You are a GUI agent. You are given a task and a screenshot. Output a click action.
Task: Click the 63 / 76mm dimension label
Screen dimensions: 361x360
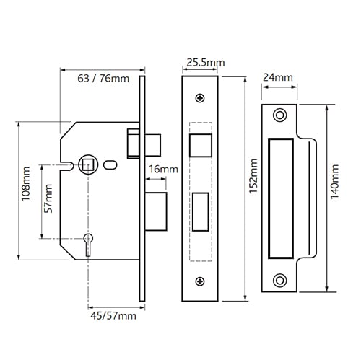click(x=103, y=79)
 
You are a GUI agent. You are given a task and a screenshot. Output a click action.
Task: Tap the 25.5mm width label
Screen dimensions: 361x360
click(x=206, y=63)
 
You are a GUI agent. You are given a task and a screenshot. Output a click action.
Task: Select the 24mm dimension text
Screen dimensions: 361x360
click(x=278, y=77)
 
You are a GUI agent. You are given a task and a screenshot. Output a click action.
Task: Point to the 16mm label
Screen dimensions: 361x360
click(x=163, y=170)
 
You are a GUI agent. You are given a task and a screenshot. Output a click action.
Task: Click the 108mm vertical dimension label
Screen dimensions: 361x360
click(x=26, y=184)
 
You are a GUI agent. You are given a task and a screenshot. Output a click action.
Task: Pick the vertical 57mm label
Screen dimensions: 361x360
click(x=48, y=198)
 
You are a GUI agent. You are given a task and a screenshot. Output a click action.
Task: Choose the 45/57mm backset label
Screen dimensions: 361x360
click(x=113, y=315)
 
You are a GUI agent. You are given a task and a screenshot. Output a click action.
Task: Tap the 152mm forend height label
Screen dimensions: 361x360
click(x=253, y=176)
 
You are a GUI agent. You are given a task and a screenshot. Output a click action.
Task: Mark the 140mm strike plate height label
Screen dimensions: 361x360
click(x=334, y=182)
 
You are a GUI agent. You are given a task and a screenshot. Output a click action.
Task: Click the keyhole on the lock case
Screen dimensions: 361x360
click(x=88, y=244)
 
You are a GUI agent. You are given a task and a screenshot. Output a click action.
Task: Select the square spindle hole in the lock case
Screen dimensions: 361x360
click(x=88, y=164)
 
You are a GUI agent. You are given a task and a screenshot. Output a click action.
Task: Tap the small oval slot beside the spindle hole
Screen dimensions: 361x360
click(x=110, y=165)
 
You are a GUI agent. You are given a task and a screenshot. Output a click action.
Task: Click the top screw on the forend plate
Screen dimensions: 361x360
click(x=200, y=98)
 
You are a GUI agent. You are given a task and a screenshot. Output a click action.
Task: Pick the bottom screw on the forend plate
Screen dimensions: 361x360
click(x=200, y=281)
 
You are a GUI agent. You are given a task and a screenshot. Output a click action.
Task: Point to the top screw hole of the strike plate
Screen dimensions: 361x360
click(x=279, y=115)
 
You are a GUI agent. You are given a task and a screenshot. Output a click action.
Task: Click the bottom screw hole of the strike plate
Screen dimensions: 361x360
click(x=279, y=281)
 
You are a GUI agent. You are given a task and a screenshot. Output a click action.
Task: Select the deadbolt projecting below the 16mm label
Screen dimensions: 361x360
click(x=156, y=211)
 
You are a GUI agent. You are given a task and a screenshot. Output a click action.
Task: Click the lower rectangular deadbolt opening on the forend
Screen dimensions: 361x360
click(x=201, y=212)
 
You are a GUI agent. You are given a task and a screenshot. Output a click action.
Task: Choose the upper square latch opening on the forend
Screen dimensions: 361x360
click(x=201, y=146)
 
